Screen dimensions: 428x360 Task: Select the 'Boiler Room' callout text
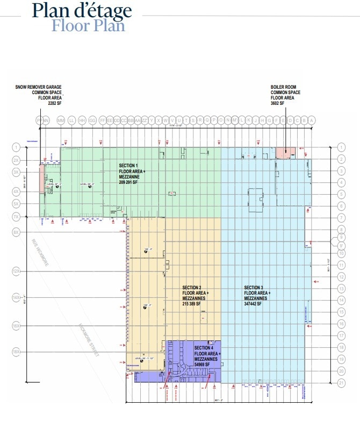285,92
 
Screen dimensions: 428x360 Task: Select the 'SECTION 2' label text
192,288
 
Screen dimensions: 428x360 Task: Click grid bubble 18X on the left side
16,352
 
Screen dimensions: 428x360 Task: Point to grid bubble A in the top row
311,120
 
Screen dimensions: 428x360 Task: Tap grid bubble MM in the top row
60,120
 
